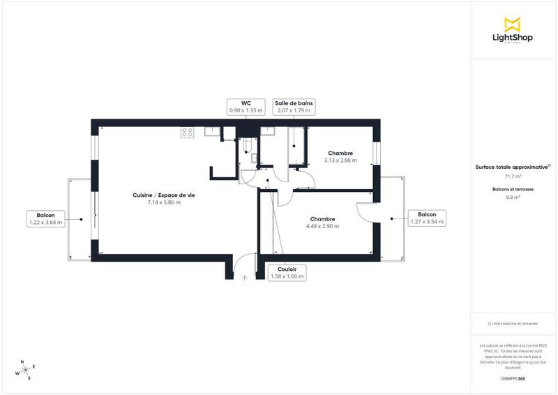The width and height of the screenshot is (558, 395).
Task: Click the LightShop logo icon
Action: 513,24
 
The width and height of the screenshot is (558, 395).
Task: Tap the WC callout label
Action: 246,106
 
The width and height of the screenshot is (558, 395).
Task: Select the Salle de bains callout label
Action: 294,106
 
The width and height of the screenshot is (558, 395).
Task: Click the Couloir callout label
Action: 287,272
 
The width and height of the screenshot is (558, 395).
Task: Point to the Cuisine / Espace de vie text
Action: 164,195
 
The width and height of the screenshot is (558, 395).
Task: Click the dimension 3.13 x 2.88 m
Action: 340,161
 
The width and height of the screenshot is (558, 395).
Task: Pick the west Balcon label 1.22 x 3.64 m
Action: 45,218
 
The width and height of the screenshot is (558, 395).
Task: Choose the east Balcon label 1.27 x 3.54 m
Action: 427,218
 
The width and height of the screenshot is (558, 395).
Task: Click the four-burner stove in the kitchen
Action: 187,131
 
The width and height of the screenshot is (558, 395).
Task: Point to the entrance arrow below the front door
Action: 245,277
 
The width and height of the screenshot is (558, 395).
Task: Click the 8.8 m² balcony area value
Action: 513,197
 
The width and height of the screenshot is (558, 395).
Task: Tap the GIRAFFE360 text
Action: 513,378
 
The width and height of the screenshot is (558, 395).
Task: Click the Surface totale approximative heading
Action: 513,167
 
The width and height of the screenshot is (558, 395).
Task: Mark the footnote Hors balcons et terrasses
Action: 513,324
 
